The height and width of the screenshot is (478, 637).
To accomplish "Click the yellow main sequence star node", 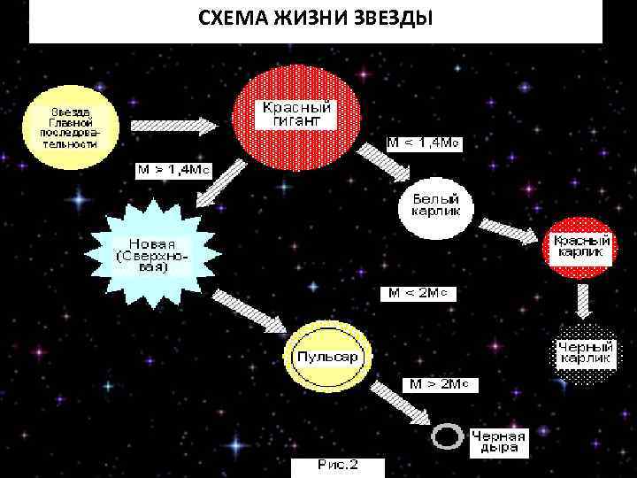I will coord(70,126).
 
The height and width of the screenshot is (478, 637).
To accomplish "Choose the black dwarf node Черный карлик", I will coord(585,352).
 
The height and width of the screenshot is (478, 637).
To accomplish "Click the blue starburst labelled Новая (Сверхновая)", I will coord(152,251).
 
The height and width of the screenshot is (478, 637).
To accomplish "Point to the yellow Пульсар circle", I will coord(327,357).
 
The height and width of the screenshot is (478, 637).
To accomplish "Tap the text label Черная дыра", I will coord(498,441).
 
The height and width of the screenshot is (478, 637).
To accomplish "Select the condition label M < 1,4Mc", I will coord(425,142).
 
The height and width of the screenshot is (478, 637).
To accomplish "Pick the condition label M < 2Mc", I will coord(418,293).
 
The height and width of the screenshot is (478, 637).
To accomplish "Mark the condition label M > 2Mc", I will coord(441,384).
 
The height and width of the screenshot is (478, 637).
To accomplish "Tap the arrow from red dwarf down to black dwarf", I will coord(581,301).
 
